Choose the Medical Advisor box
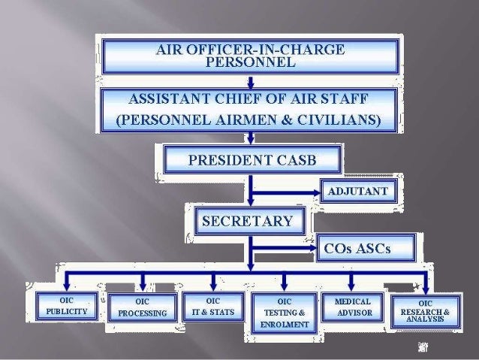[353, 306]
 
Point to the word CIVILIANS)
[336, 120]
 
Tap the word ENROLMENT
[285, 325]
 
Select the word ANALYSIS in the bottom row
[425, 319]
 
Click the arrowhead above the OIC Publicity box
[68, 286]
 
